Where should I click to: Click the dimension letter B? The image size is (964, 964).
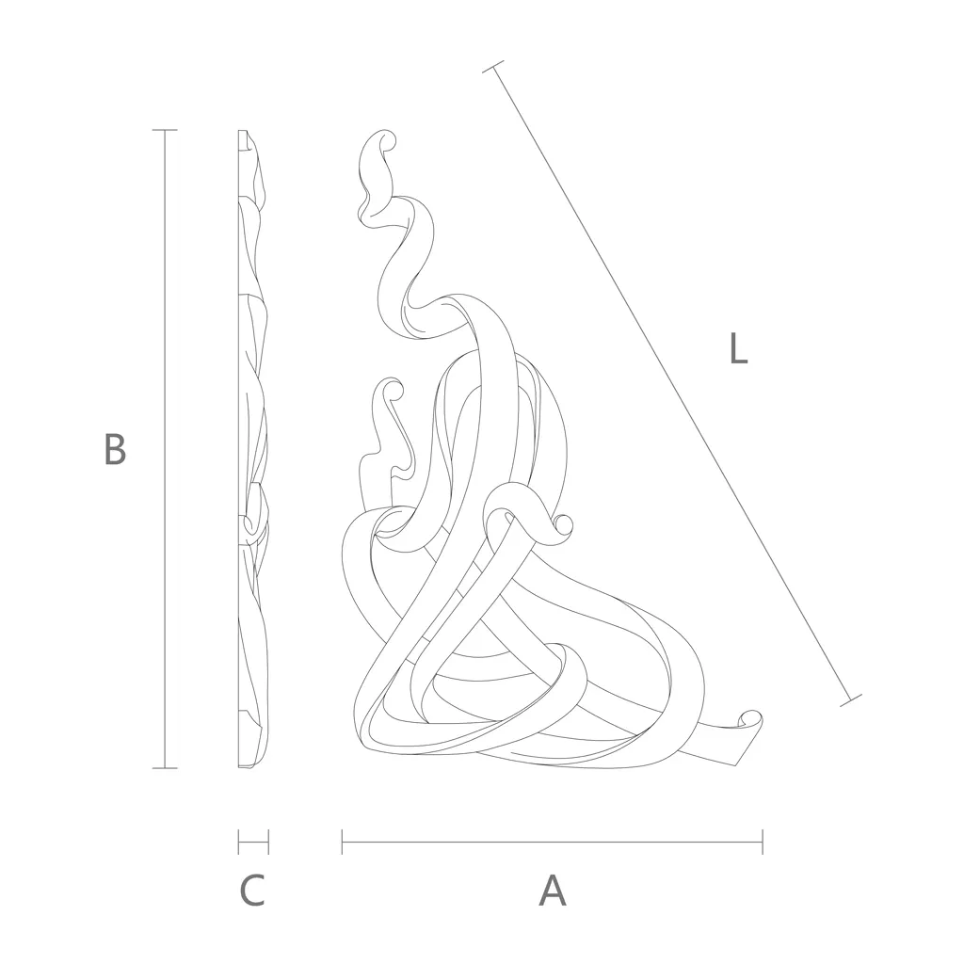coord(115,449)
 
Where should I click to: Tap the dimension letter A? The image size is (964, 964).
coord(552,890)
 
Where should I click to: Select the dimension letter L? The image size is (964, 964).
coord(738,347)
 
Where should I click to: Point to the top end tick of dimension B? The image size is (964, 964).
coord(164,130)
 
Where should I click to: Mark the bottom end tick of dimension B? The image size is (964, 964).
coord(164,768)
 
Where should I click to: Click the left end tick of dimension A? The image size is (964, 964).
coord(342,842)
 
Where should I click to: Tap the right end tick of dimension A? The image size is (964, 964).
coord(763,842)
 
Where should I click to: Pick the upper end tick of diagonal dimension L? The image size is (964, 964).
coord(493,67)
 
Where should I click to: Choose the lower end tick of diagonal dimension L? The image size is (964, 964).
coord(851,700)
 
